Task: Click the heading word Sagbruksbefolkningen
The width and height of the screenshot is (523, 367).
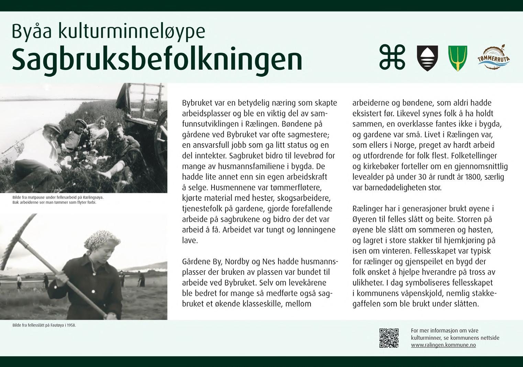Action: [x=157, y=59]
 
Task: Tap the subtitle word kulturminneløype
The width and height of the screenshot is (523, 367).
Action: [x=132, y=31]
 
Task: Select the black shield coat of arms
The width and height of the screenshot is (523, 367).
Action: [x=427, y=58]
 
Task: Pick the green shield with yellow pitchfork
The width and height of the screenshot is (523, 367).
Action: [x=458, y=58]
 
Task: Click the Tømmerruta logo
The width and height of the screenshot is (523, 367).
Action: [x=493, y=57]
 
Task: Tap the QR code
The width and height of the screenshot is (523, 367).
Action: [x=389, y=338]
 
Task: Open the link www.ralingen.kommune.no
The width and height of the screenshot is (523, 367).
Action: [x=443, y=345]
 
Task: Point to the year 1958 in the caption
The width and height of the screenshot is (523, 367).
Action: [x=71, y=325]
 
